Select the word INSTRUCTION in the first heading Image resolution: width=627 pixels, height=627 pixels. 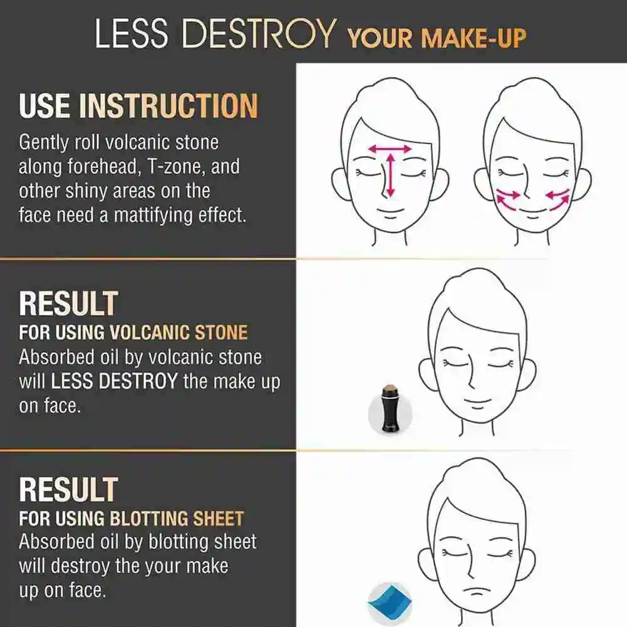pos(168,106)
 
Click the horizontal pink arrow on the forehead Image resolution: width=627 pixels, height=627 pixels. pos(390,149)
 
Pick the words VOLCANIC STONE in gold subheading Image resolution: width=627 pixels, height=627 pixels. pos(179,332)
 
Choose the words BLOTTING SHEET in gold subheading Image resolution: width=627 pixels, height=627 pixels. pos(177,519)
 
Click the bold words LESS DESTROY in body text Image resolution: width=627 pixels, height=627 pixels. pos(114,381)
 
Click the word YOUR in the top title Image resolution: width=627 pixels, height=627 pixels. pos(381,38)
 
